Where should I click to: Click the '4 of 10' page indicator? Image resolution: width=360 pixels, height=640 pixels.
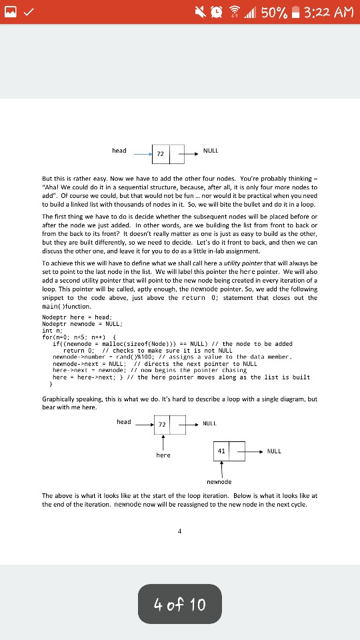(180, 605)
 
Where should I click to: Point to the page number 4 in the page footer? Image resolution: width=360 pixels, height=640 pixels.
(179, 531)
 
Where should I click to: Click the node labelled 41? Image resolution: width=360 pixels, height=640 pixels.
(221, 451)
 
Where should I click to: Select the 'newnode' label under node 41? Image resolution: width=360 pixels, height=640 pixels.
(219, 481)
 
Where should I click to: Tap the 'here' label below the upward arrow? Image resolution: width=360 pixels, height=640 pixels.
(163, 455)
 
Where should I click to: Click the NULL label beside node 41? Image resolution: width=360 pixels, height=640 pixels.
(274, 451)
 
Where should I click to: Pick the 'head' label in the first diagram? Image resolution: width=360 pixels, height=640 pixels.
(119, 151)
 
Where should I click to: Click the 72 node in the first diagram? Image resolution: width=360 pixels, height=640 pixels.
(160, 154)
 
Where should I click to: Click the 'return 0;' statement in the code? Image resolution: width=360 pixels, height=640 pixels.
(78, 351)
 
